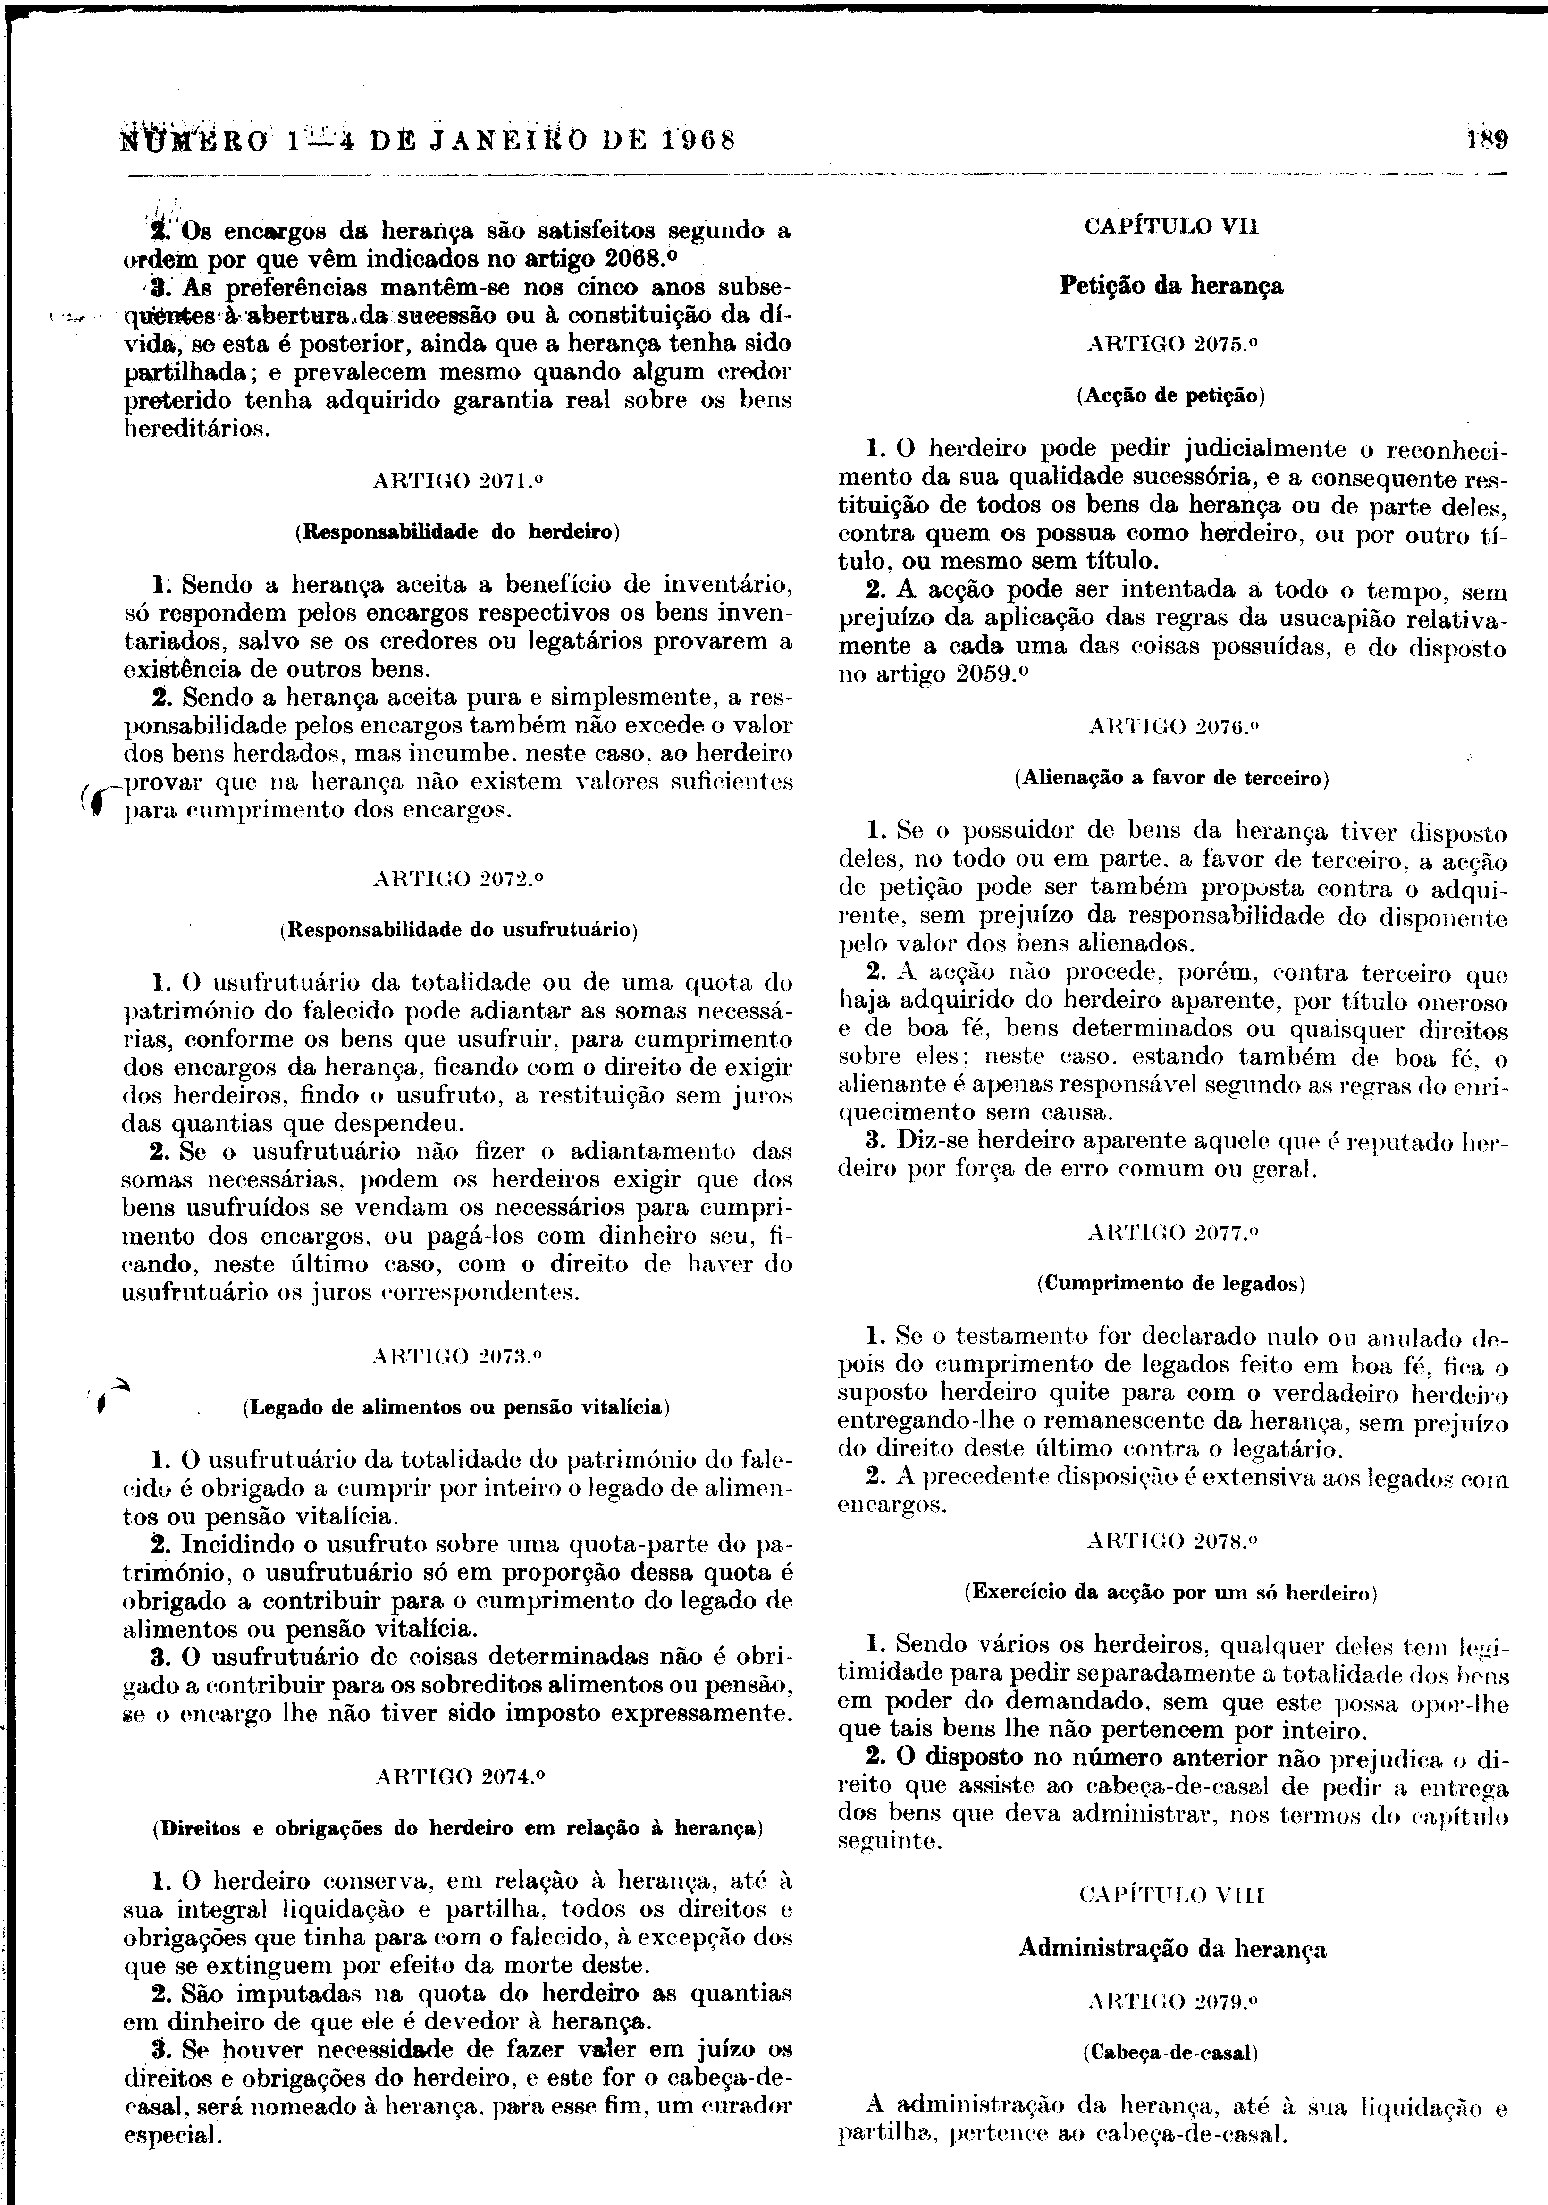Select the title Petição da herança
click(1171, 285)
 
